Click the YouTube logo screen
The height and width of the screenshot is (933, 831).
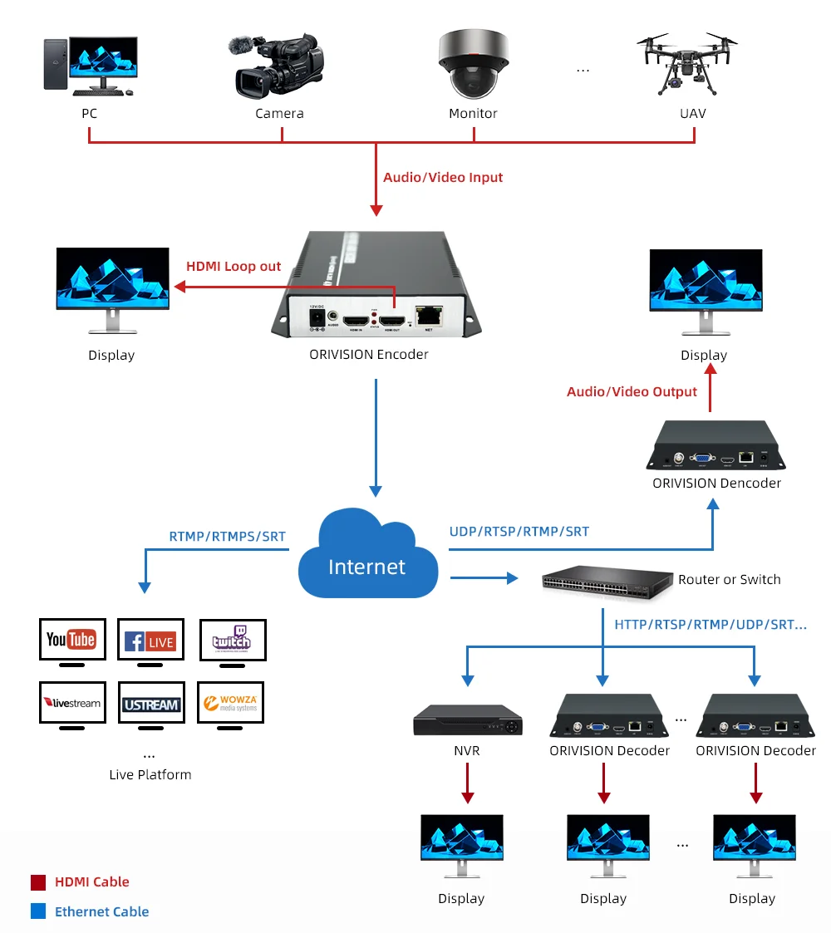point(72,640)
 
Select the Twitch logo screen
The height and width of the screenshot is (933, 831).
point(232,640)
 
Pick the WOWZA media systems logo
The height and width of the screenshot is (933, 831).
point(230,704)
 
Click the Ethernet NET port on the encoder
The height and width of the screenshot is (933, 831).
point(428,315)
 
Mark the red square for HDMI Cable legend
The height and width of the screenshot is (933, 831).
point(38,882)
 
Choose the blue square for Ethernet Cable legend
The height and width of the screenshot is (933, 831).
point(38,911)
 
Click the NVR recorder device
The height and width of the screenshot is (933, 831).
point(469,721)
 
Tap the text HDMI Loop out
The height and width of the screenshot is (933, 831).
point(234,267)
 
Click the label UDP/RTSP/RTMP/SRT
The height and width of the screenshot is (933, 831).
point(519,532)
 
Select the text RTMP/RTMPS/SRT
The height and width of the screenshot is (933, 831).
point(227,537)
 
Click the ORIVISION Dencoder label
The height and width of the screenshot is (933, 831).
point(716,483)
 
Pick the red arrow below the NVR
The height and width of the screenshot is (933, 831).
point(469,783)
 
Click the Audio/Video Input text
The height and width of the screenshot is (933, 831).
point(443,177)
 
